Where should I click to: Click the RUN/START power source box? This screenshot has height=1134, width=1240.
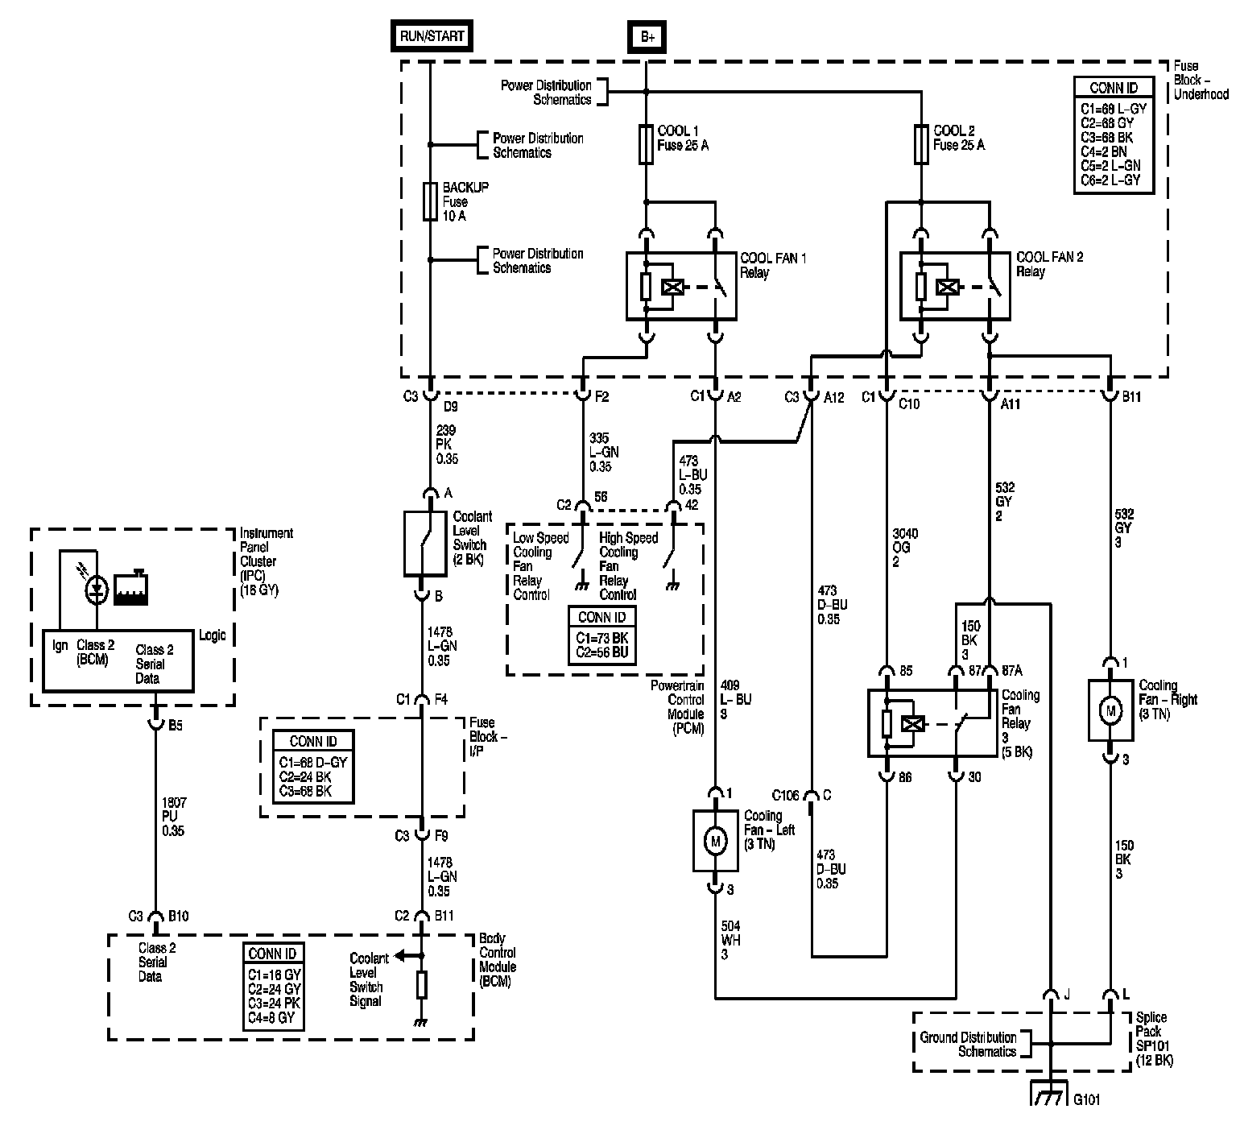coord(432,36)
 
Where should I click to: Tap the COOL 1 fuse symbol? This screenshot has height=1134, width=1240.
coord(646,144)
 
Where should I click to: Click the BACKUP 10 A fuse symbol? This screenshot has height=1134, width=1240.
coord(430,201)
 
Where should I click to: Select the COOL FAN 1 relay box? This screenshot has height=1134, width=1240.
coord(681,286)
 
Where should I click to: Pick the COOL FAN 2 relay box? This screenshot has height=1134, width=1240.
coord(955,286)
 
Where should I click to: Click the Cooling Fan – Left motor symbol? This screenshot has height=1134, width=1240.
coord(715,841)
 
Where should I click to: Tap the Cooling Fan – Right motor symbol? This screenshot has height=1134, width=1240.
coord(1111,710)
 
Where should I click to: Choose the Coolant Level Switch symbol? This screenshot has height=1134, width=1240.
coord(425,544)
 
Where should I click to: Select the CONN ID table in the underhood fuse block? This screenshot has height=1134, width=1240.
coord(1114,135)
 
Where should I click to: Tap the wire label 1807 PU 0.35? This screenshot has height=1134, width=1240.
coord(174,817)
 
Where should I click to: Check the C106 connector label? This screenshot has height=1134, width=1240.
coord(785,796)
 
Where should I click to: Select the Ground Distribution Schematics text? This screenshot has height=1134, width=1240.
coord(968,1045)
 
